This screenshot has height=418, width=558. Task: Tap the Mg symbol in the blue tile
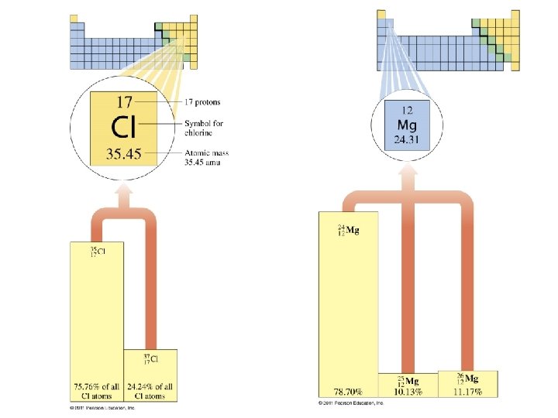[407, 125]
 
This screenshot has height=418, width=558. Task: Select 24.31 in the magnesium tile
[407, 139]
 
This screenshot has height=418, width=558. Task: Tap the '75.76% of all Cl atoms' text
[96, 391]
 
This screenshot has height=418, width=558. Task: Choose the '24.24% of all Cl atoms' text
[151, 391]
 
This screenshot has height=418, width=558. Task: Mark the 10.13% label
[408, 392]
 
